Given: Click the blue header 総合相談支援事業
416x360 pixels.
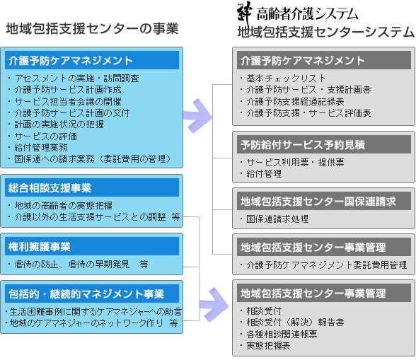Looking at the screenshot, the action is pyautogui.click(x=92, y=187).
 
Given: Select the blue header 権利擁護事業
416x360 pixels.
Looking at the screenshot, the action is pyautogui.click(x=92, y=246).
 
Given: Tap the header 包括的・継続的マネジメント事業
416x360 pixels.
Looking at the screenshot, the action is pyautogui.click(x=92, y=294).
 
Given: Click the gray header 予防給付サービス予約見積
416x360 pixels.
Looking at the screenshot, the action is pyautogui.click(x=324, y=144).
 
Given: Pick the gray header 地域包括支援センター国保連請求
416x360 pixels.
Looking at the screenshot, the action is pyautogui.click(x=324, y=202).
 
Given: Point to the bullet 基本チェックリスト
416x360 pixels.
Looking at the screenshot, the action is pyautogui.click(x=286, y=79).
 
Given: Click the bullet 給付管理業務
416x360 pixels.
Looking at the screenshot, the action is pyautogui.click(x=41, y=148).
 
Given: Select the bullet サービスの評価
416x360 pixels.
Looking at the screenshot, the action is pyautogui.click(x=45, y=136).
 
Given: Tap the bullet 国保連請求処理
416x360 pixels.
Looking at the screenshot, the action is pyautogui.click(x=277, y=219).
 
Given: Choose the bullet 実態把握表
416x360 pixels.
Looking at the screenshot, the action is pyautogui.click(x=269, y=345).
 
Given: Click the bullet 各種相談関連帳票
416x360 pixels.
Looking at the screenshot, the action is pyautogui.click(x=282, y=334).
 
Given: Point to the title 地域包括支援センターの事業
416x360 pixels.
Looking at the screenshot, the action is pyautogui.click(x=92, y=28).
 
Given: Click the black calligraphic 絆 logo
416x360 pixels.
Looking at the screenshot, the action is pyautogui.click(x=244, y=14).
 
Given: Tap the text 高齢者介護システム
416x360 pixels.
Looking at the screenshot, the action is pyautogui.click(x=307, y=14).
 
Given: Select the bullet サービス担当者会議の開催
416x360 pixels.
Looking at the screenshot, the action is pyautogui.click(x=68, y=101).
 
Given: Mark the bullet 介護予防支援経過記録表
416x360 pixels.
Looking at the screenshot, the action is pyautogui.click(x=295, y=101).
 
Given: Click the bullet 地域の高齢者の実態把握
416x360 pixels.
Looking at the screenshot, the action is pyautogui.click(x=64, y=205).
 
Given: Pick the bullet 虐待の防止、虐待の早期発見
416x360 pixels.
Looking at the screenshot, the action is pyautogui.click(x=72, y=264).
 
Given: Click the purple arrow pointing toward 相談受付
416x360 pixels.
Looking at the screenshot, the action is pyautogui.click(x=214, y=306).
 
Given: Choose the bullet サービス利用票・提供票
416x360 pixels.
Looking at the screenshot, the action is pyautogui.click(x=295, y=162).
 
